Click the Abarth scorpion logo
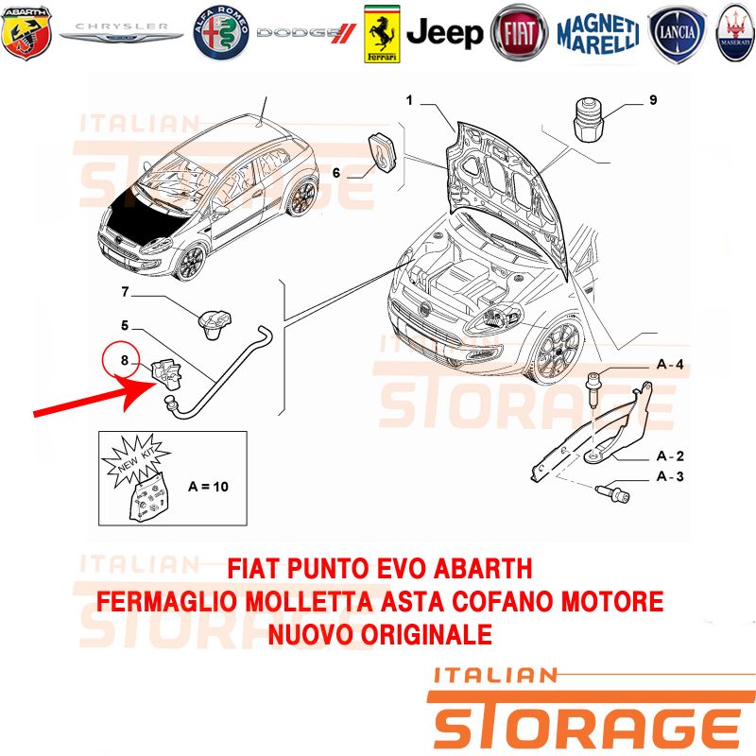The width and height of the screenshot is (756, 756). pyautogui.click(x=26, y=32)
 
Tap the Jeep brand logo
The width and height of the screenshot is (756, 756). pyautogui.click(x=444, y=33)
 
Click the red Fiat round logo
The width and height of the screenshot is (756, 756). pyautogui.click(x=520, y=33)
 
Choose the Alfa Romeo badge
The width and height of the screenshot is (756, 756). pyautogui.click(x=220, y=32)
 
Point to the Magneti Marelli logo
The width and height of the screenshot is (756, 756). pyautogui.click(x=597, y=33)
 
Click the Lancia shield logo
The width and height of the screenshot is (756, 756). pyautogui.click(x=678, y=33)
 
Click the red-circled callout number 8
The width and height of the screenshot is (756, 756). pyautogui.click(x=123, y=359)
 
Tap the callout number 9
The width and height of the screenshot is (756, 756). pyautogui.click(x=653, y=100)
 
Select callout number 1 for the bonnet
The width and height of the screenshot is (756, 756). pyautogui.click(x=410, y=100)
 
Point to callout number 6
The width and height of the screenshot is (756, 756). pyautogui.click(x=335, y=173)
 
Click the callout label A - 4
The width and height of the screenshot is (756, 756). pyautogui.click(x=670, y=365)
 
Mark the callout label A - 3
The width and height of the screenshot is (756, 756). pyautogui.click(x=670, y=477)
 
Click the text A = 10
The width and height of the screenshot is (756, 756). pyautogui.click(x=208, y=488)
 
